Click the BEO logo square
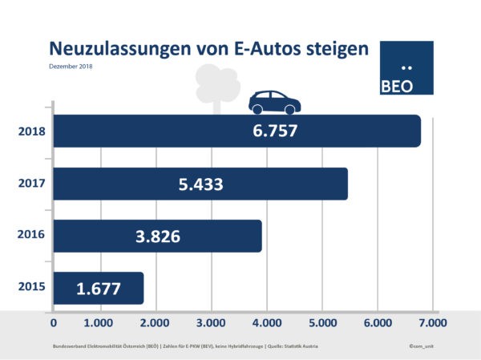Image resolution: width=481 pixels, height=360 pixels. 405,69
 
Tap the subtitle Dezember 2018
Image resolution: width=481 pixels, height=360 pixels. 71,66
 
